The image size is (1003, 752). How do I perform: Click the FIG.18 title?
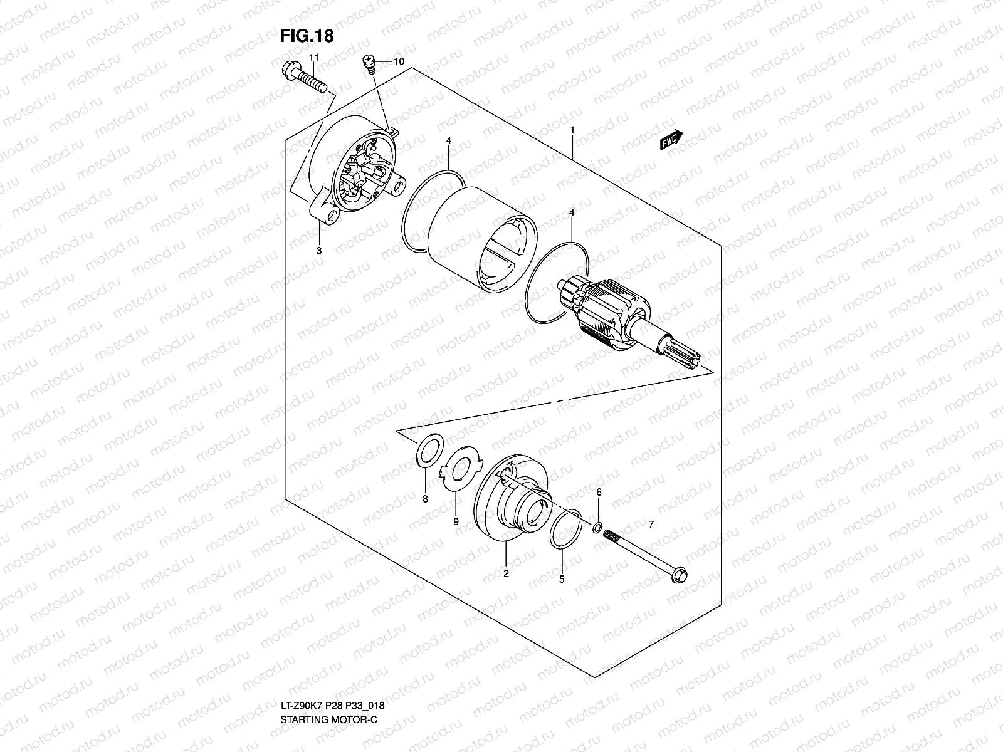[307, 36]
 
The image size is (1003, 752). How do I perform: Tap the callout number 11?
[314, 58]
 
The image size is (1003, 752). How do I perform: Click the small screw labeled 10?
[370, 62]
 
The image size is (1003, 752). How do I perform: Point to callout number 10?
[399, 61]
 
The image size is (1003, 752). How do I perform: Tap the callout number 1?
[572, 130]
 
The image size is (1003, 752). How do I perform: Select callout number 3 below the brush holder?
[319, 251]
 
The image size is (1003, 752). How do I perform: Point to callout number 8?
[425, 499]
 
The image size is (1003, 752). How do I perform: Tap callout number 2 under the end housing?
[506, 572]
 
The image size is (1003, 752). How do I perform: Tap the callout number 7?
[651, 523]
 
